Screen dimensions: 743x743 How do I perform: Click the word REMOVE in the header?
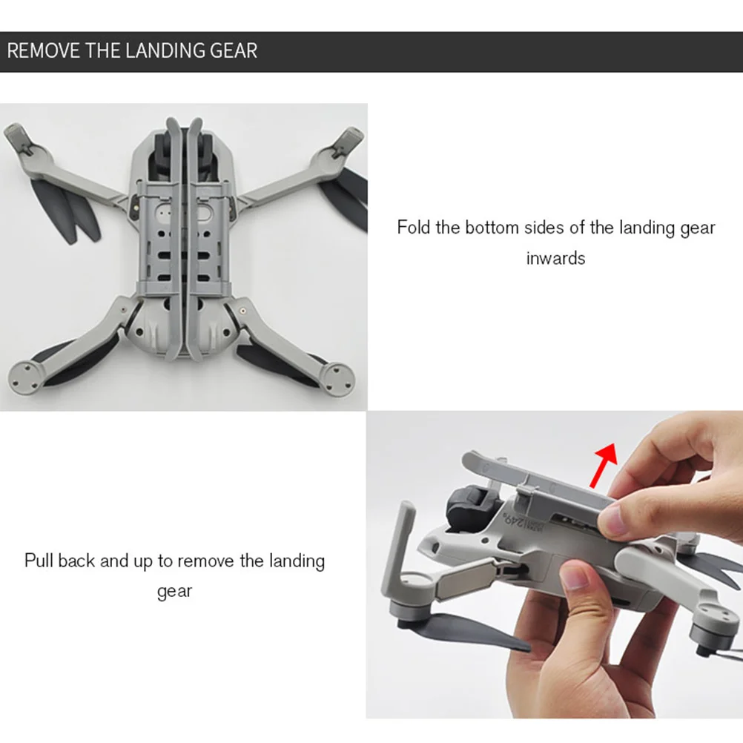[44, 50]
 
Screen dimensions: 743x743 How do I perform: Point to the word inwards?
[555, 259]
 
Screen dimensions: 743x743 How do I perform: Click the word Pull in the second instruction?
[39, 561]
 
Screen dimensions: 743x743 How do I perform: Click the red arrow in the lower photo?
[604, 465]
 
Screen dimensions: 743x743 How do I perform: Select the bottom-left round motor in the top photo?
[27, 377]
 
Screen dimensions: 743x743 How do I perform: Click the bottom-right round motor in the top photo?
[337, 379]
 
